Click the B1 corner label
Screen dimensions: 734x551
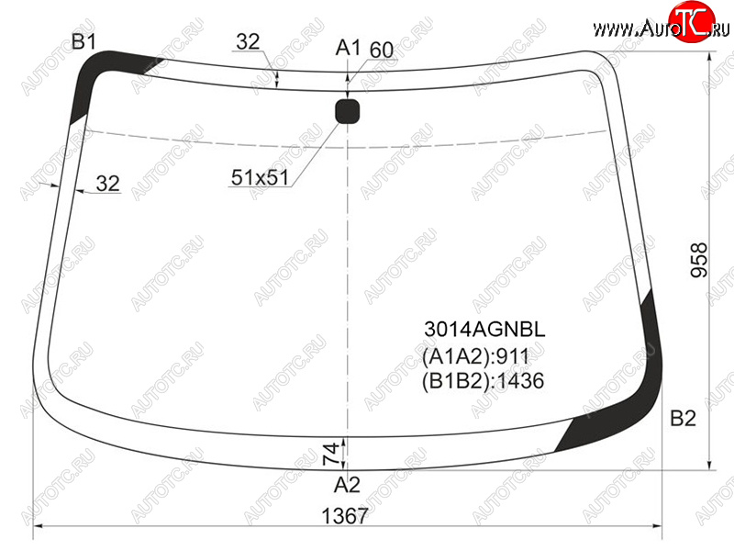pos(83,41)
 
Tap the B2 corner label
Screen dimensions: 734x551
pos(683,418)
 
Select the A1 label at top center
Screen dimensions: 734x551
pos(349,48)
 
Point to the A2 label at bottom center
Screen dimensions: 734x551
pos(347,485)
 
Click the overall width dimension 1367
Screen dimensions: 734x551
pos(345,516)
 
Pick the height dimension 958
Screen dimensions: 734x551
pos(699,260)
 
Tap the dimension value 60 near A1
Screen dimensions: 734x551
pos(382,51)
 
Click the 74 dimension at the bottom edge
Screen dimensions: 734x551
pos(331,454)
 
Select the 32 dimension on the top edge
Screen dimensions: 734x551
pos(248,41)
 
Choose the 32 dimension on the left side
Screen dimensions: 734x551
pos(107,183)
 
